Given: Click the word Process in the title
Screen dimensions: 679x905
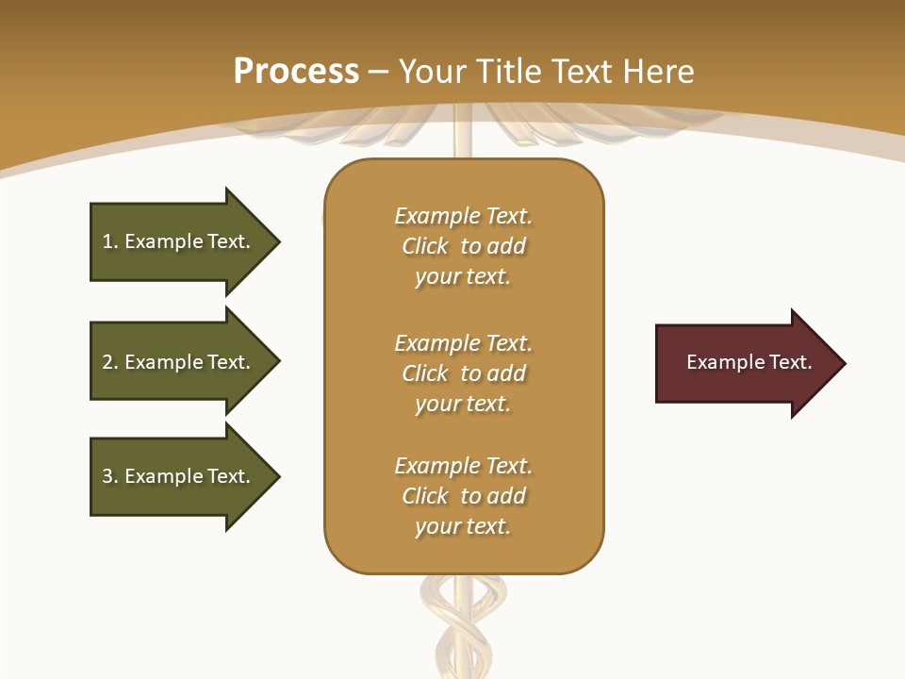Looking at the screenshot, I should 296,72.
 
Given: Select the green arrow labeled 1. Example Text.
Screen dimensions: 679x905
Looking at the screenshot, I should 179,241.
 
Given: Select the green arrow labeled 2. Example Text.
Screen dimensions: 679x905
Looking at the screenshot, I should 179,362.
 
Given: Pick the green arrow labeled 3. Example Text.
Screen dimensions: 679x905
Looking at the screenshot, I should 179,476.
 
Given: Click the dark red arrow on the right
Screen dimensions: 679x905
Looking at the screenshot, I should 745,363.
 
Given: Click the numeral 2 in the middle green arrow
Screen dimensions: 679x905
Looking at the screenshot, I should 107,362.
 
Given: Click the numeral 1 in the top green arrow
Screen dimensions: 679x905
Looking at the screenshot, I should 107,241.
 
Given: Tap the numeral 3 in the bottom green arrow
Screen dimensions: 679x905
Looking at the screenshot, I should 107,476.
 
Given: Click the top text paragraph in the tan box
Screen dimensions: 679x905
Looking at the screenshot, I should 463,246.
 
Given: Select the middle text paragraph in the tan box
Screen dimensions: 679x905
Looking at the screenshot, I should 463,373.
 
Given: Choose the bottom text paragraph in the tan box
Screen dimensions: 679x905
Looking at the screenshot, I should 463,496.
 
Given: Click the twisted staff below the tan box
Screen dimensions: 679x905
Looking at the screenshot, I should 463,622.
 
